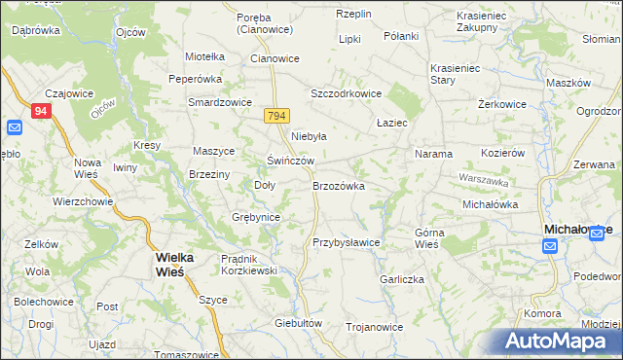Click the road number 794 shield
[x=276, y=116]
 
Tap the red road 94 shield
[x=40, y=111]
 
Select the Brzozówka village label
[x=338, y=185]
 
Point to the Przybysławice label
[x=346, y=242]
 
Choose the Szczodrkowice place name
[x=346, y=93]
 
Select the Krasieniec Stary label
[x=456, y=75]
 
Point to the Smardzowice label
[x=220, y=102]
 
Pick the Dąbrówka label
[x=36, y=30]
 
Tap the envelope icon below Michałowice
[x=550, y=246]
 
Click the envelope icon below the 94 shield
[x=14, y=128]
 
